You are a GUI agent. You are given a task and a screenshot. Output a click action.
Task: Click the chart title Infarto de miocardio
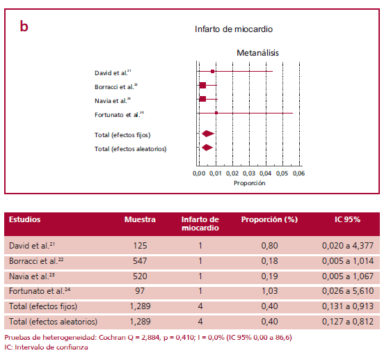(x=234, y=29)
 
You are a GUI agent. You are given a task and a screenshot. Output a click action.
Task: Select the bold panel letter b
(x=24, y=26)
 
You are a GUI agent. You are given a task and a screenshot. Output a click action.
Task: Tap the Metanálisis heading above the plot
(x=257, y=52)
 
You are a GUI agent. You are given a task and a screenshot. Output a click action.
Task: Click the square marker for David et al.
(x=212, y=71)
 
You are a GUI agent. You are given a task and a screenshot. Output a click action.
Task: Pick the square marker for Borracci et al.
(x=202, y=85)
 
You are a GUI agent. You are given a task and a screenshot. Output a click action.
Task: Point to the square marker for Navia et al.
(x=202, y=99)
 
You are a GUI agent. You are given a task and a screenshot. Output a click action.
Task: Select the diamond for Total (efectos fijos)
(x=207, y=133)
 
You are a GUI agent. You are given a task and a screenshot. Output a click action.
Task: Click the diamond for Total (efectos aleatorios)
(x=207, y=148)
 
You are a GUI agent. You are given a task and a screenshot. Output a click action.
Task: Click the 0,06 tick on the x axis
(x=299, y=173)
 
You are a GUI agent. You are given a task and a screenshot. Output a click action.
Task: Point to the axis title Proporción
(x=249, y=182)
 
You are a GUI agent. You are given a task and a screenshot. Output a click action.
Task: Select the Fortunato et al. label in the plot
(x=119, y=114)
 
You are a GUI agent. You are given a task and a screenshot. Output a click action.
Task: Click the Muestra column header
(x=139, y=219)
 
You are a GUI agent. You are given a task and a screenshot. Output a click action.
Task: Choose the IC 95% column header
(x=347, y=219)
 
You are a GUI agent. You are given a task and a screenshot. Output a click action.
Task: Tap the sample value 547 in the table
(x=139, y=261)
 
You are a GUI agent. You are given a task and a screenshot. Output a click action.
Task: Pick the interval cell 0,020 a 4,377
(x=348, y=246)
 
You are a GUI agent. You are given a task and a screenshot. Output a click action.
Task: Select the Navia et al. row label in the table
(x=32, y=276)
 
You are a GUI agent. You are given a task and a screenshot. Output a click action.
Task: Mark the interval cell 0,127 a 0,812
(x=348, y=321)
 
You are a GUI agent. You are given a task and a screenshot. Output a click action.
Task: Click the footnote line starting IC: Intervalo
(x=46, y=346)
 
